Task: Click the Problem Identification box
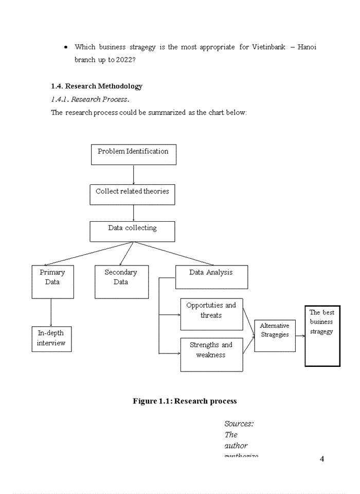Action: [133, 154]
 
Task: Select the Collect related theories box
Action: [132, 195]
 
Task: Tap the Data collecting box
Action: [132, 232]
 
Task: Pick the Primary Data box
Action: [52, 281]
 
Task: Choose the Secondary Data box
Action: [121, 281]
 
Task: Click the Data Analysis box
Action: [211, 277]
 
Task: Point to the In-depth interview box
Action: [51, 339]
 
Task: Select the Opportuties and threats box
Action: [211, 314]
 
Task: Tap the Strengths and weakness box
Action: [211, 354]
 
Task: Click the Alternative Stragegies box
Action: [275, 336]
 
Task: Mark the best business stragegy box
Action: [322, 335]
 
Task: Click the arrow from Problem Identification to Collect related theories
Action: [133, 174]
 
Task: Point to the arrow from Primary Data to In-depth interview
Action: [51, 312]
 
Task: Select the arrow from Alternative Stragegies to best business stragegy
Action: [300, 336]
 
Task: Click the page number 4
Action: [322, 459]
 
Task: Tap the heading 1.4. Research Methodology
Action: [97, 86]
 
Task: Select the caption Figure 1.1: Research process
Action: [185, 401]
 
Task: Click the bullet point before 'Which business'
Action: [67, 47]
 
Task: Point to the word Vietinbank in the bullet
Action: [268, 47]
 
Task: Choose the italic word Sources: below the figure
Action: [239, 424]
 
